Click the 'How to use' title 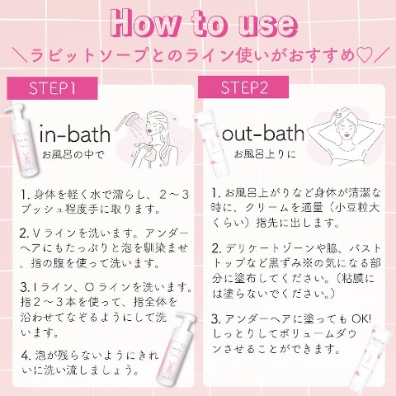[205, 25]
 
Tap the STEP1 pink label [52, 88]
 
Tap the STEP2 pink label [243, 87]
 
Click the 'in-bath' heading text [75, 134]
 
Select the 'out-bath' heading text [263, 133]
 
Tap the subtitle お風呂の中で [73, 154]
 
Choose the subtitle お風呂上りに [265, 153]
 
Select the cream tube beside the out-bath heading [212, 145]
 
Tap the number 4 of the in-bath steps [26, 356]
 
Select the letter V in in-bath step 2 [36, 233]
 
